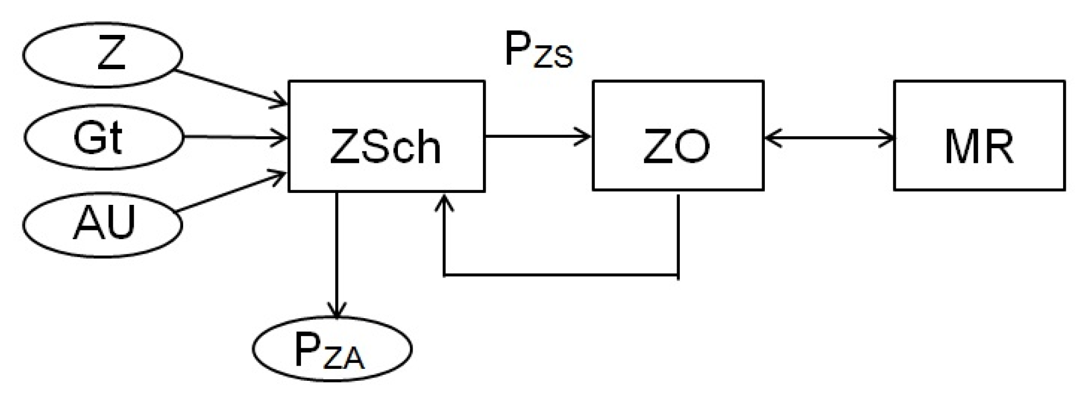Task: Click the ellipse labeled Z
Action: [102, 55]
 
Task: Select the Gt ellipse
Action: [102, 138]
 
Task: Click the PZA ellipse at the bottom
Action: [332, 349]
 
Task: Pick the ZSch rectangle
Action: [386, 136]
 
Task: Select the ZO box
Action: [678, 136]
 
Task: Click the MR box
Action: [979, 136]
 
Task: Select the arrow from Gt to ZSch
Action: [234, 138]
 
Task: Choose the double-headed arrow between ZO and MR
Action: [829, 138]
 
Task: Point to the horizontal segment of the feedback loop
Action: [561, 275]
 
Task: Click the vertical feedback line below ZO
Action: [678, 234]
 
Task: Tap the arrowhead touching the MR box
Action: [889, 138]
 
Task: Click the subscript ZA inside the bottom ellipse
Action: [343, 359]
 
